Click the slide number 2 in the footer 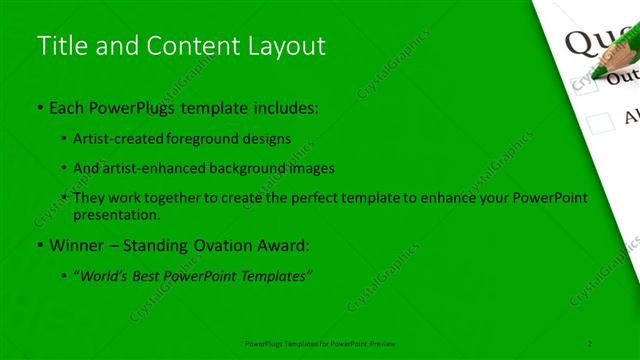[590, 344]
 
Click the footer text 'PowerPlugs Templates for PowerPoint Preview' [316, 344]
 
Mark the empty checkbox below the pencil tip [601, 121]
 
